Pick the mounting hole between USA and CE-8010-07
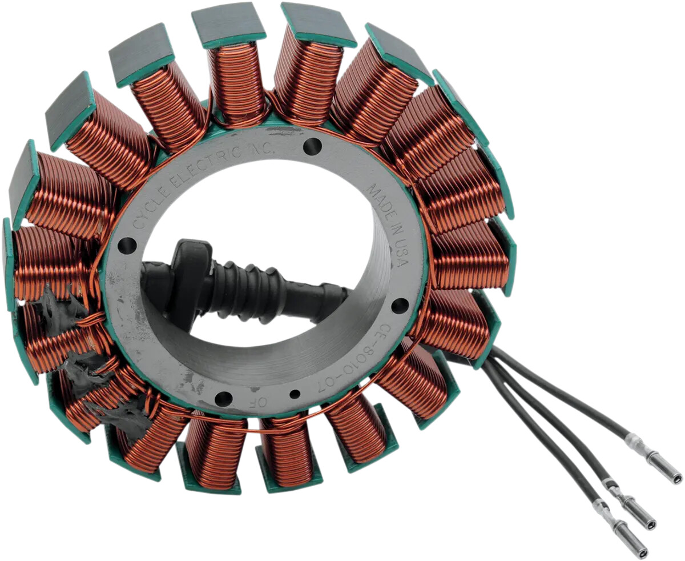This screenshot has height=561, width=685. coord(401,306)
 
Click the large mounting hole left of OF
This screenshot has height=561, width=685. coord(223,398)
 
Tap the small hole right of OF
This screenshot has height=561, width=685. coord(295,394)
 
